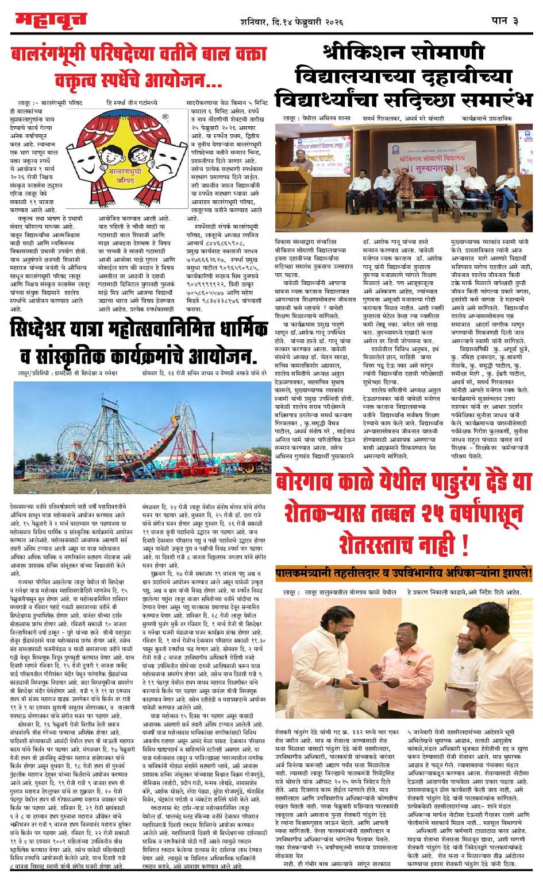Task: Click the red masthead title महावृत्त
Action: click(51, 21)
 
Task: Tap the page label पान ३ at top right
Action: click(505, 21)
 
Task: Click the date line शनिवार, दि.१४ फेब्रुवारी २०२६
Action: click(291, 22)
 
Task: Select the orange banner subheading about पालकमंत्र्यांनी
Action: click(403, 573)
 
